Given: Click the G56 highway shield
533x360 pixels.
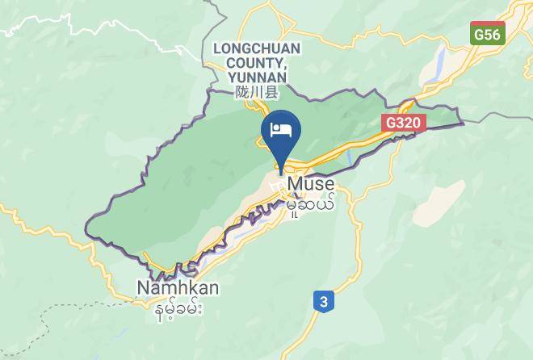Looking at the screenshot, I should point(488,35).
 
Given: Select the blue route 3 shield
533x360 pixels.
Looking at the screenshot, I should point(324,302).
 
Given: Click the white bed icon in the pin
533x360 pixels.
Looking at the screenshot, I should point(281,130).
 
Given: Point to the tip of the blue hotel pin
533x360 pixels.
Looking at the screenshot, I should point(281,171).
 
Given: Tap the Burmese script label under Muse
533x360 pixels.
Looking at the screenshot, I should point(310,205).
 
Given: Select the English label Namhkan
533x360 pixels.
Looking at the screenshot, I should point(178,287).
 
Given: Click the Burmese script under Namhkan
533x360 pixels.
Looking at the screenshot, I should point(177,307).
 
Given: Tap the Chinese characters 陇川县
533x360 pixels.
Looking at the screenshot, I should point(256,93).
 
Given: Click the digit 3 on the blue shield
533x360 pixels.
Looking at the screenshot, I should point(324,302).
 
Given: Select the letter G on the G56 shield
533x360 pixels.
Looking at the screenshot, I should point(480,35).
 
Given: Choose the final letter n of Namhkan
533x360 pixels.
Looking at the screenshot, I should point(213,287).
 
